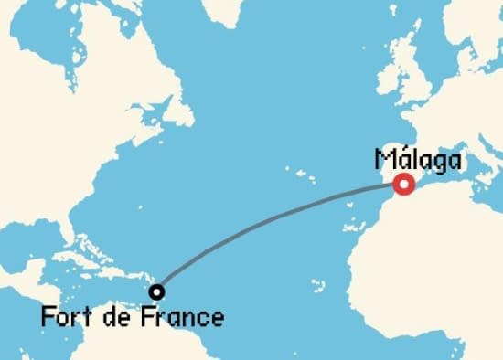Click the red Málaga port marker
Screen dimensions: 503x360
click(402, 184)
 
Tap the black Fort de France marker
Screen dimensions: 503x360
click(157, 292)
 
